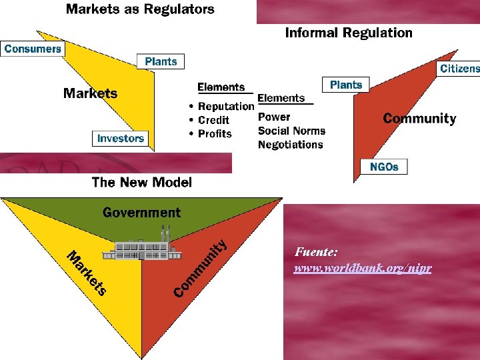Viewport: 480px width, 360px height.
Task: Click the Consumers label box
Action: coord(33,49)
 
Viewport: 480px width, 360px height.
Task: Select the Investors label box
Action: coord(121,139)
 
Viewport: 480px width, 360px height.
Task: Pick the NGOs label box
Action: coord(384,167)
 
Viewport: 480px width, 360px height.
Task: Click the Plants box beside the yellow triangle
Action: coord(161,62)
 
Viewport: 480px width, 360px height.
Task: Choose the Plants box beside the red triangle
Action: coord(346,85)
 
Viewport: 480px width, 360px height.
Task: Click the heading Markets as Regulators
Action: coord(140,9)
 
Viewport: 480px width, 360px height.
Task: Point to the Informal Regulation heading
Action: coord(349,33)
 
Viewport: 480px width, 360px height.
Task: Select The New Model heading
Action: coord(141,182)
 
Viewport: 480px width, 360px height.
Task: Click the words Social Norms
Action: coord(291,131)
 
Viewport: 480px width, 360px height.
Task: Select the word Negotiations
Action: coord(290,145)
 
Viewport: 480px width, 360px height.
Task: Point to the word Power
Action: coord(274,117)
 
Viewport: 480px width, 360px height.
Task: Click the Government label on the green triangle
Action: coord(141,213)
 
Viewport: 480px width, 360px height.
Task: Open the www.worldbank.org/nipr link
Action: coord(363,268)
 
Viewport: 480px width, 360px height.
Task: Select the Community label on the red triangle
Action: coord(419,119)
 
